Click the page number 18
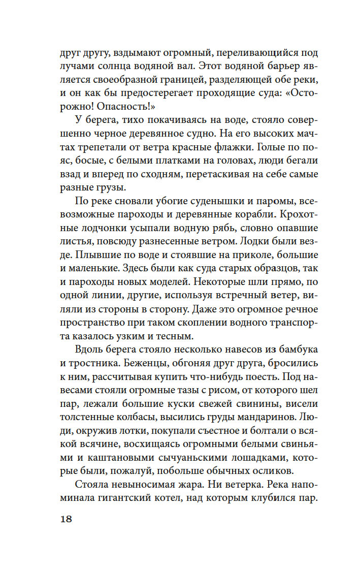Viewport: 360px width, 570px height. [x=66, y=519]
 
